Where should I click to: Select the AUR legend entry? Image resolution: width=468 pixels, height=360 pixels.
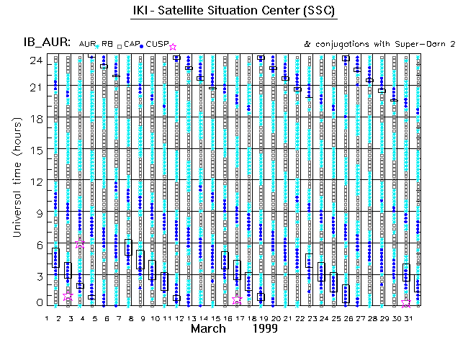pos(87,44)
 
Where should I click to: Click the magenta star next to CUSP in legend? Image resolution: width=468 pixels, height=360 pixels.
pos(172,47)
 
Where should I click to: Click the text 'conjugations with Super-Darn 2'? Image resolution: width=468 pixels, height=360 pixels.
pos(385,45)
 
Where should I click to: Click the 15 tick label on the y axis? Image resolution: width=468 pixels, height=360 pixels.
pos(35,149)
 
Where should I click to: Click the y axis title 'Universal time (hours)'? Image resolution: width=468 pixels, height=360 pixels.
pos(17,181)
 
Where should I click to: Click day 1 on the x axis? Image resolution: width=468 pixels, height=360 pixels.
pos(48,318)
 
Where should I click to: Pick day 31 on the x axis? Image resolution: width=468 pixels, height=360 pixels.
pos(406,318)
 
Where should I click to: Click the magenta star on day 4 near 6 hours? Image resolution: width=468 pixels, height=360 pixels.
pos(80,245)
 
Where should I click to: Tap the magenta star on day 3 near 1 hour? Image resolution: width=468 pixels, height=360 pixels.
pos(68,296)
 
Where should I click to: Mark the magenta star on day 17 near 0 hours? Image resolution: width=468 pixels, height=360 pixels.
pos(237,300)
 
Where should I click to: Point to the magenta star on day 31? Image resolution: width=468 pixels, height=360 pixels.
pos(406,303)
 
